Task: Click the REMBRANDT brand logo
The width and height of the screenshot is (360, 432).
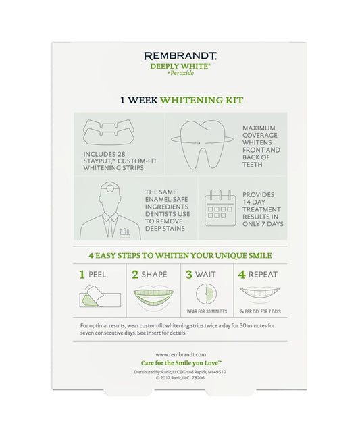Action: pos(180,57)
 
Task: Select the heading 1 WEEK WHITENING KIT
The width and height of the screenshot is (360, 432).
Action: pos(180,100)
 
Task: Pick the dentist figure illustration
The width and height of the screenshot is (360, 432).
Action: pos(107,209)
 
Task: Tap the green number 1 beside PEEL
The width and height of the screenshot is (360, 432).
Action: pos(82,275)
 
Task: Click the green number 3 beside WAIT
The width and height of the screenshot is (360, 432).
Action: pos(190,275)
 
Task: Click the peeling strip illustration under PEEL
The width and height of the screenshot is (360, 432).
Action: pos(102,298)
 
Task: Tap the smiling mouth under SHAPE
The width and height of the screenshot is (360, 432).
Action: pos(153,298)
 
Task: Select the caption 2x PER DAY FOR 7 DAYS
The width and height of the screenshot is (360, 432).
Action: pos(259,313)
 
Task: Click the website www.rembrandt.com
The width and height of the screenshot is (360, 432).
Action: pos(180,354)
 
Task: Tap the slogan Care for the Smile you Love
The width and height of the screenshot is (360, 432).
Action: pos(180,363)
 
